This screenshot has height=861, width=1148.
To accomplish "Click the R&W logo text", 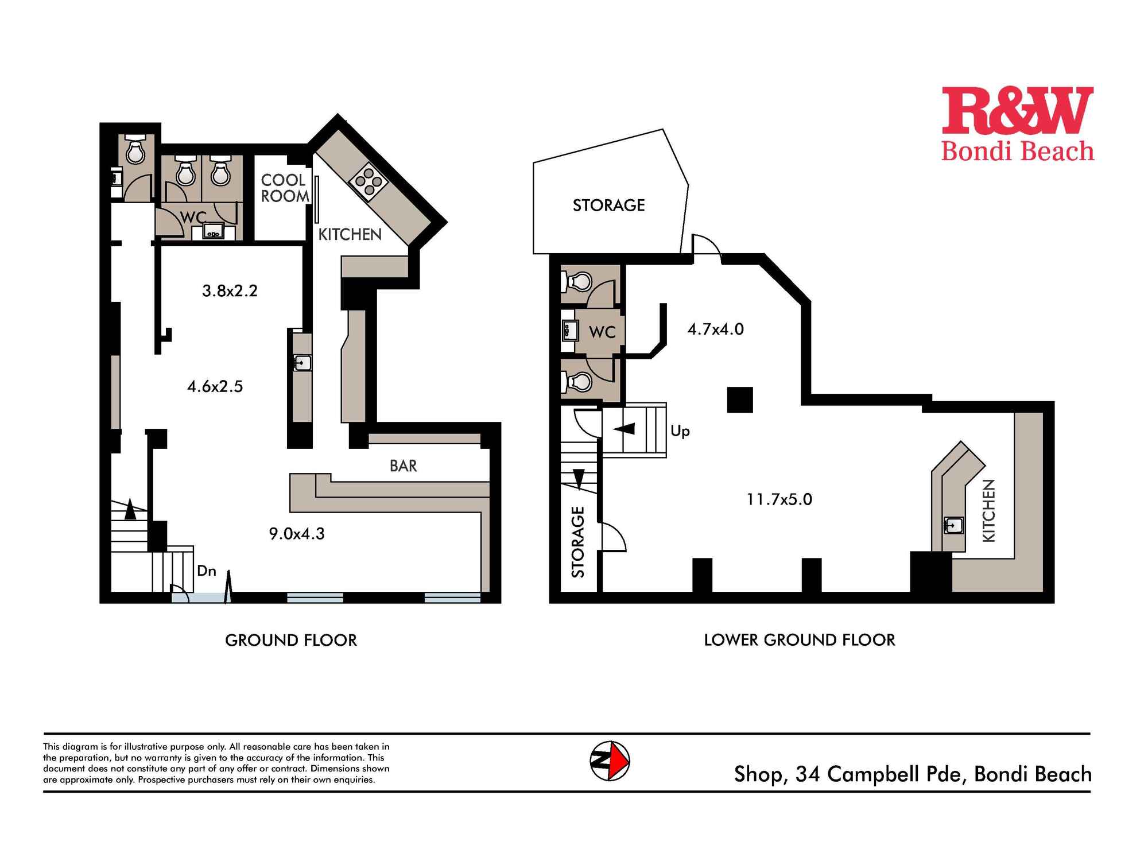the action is tap(1018, 111).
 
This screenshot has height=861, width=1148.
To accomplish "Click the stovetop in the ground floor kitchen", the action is tap(368, 182).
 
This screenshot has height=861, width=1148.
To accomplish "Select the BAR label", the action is tap(403, 466).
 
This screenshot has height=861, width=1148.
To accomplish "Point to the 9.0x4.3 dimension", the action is tap(297, 534).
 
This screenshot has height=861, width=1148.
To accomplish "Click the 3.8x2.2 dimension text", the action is tap(230, 290).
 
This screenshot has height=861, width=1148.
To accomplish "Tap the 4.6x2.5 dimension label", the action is tap(215, 386).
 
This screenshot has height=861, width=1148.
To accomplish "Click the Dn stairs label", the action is tap(207, 571).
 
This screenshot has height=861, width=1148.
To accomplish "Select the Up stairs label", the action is tap(680, 431).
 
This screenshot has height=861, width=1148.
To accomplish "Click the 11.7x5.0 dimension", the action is tap(779, 499).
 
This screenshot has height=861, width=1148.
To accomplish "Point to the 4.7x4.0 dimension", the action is tap(715, 329).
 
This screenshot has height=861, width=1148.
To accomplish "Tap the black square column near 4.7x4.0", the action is tap(740, 400).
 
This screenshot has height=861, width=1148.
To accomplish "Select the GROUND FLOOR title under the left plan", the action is tap(291, 640).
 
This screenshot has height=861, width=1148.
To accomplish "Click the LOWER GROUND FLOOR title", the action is tap(800, 640).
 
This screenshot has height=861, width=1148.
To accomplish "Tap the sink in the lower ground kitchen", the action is tap(953, 525).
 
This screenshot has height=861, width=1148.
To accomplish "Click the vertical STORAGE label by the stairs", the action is tap(578, 542).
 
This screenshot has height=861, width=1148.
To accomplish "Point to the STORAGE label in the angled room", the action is tap(608, 205).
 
